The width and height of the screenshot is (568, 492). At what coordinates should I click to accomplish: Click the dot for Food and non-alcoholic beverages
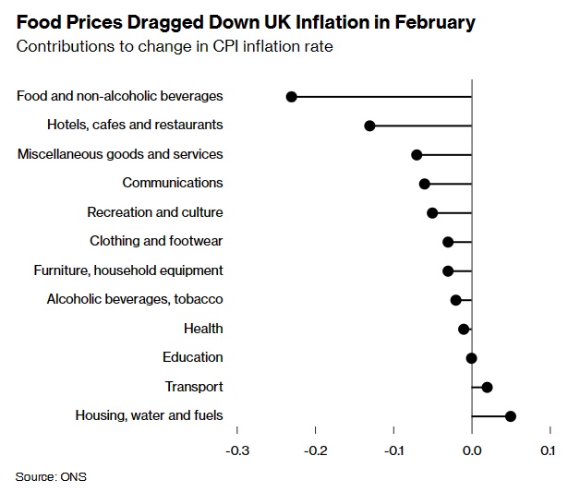point(292,96)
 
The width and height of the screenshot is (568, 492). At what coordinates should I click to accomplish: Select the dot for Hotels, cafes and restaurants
point(369,126)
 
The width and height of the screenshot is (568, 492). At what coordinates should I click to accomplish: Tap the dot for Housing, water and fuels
point(511,416)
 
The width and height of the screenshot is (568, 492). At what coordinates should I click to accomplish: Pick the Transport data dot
point(488,387)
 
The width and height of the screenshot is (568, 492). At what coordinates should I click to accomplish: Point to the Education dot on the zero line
point(472,358)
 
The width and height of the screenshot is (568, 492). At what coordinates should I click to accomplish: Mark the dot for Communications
point(425,184)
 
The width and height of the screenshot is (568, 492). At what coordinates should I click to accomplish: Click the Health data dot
point(464,329)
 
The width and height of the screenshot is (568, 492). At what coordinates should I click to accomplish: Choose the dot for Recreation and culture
point(432,212)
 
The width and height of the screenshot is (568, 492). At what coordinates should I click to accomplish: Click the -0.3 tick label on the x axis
point(237,450)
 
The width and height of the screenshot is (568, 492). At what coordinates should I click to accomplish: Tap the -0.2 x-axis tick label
point(316,450)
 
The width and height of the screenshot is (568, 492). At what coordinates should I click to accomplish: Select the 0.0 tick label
point(472,450)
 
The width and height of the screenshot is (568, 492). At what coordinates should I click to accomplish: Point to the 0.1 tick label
point(548,450)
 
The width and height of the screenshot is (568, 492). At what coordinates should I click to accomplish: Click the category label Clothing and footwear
point(156,241)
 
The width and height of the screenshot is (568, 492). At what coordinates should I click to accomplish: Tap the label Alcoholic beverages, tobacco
point(135,299)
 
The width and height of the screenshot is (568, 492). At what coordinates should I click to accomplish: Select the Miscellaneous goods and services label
point(120,154)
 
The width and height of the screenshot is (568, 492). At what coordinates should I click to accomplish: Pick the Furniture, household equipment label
point(128,270)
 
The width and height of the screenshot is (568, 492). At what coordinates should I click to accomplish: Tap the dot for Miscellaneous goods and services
point(417,154)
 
